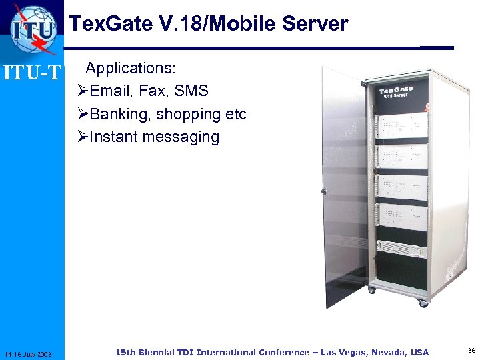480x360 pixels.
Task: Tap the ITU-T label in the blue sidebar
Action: (32, 72)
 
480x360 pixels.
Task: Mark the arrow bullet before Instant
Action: (83, 137)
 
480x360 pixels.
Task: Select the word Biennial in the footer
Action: (161, 352)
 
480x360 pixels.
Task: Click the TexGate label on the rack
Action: (396, 91)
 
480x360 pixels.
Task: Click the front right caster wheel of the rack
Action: (423, 301)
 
